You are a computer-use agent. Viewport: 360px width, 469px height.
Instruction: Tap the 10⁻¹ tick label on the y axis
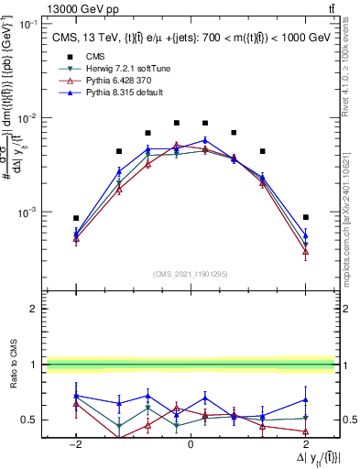pos(28,25)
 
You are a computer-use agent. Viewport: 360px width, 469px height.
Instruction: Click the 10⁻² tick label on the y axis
pos(28,118)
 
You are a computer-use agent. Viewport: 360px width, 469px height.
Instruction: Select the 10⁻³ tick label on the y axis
pos(28,212)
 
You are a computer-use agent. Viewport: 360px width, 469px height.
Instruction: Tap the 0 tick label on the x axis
pos(191,442)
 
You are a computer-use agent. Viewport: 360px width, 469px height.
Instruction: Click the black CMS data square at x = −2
pos(77,218)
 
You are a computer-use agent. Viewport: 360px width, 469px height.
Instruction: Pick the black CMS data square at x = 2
pos(306,217)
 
